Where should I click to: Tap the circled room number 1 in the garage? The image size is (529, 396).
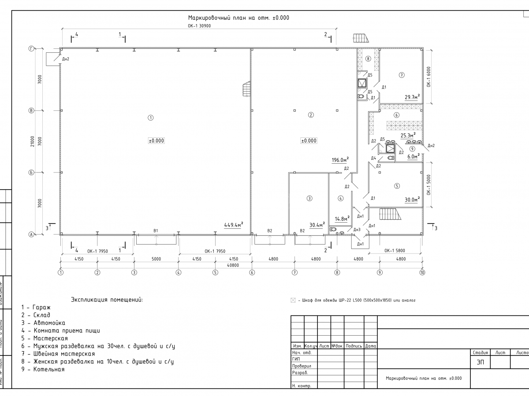click(x=150, y=117)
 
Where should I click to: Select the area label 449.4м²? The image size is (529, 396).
click(x=234, y=225)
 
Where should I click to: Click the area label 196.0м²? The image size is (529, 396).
click(x=340, y=160)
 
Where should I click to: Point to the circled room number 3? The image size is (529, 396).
click(x=309, y=198)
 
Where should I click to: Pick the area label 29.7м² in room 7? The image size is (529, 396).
click(x=412, y=97)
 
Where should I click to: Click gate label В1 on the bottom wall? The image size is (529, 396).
click(x=156, y=231)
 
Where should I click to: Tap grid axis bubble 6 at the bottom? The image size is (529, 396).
click(x=252, y=273)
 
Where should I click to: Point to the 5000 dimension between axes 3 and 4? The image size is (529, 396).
click(x=156, y=259)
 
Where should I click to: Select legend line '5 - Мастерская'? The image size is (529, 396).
click(x=45, y=338)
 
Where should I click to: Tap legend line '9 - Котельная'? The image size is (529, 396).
click(x=43, y=369)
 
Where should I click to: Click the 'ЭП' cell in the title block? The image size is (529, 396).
click(x=480, y=362)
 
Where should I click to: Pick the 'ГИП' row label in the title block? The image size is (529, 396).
click(x=296, y=359)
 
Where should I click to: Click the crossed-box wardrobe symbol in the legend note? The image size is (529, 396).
click(x=292, y=301)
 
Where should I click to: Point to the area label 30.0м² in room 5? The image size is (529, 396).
click(x=412, y=199)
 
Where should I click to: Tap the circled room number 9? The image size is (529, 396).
click(x=412, y=148)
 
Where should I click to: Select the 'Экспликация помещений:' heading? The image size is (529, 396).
click(x=107, y=300)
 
